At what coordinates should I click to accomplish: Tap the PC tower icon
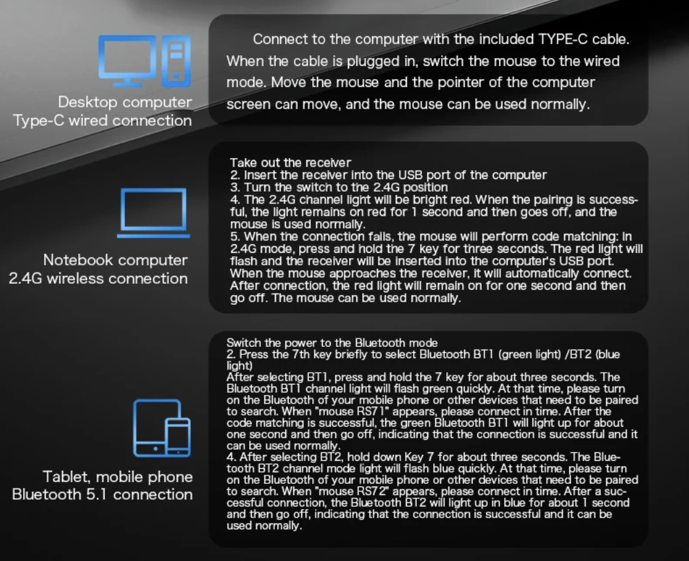point(176,61)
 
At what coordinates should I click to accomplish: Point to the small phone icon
point(178,437)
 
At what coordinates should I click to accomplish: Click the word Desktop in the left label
point(87,102)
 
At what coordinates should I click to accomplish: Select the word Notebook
point(78,259)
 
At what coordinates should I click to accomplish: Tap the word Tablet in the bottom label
point(65,477)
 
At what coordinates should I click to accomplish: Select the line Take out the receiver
point(291,163)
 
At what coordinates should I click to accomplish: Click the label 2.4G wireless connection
point(98,278)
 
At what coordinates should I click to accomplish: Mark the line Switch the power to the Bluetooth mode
point(332,343)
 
